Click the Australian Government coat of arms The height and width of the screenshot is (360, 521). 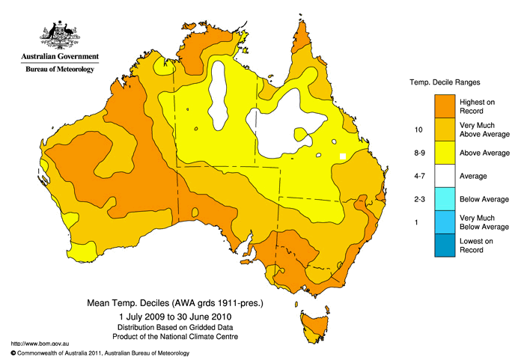coord(59,34)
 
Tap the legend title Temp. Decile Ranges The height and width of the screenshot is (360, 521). coord(444,81)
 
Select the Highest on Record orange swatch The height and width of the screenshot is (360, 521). coord(447,106)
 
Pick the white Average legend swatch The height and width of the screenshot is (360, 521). coord(447,176)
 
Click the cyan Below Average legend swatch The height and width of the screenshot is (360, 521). coord(447,199)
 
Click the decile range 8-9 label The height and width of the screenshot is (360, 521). coord(418,153)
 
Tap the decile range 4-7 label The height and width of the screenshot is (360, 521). coord(418,176)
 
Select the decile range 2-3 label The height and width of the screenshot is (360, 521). coord(418,199)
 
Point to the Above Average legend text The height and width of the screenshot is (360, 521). coord(489,153)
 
